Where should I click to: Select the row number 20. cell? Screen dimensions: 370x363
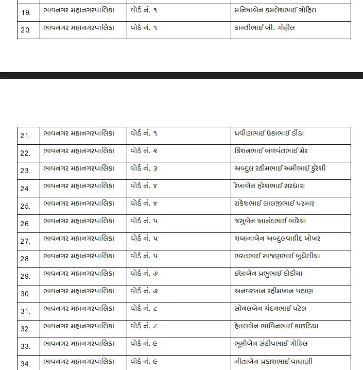pos(25,30)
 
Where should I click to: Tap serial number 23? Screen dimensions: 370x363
pos(25,171)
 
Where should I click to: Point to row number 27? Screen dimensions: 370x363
pos(25,241)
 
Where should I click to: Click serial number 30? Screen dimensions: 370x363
pos(25,294)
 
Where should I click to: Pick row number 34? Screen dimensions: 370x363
pos(25,364)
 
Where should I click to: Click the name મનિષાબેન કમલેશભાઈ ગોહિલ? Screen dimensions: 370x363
pos(275,10)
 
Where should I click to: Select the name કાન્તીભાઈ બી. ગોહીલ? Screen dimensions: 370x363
pos(265,27)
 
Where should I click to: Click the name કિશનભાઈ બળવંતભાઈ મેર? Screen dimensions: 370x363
pos(271,151)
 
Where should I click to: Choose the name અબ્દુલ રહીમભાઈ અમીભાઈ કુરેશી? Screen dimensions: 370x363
pos(280,169)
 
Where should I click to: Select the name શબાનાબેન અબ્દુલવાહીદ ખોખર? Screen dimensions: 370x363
pos(277,239)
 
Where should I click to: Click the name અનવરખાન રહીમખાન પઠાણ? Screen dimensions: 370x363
pos(273,291)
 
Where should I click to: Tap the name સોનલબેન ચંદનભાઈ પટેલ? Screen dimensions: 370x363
pos(270,309)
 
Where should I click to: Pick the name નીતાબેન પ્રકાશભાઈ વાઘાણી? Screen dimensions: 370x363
pos(273,361)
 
